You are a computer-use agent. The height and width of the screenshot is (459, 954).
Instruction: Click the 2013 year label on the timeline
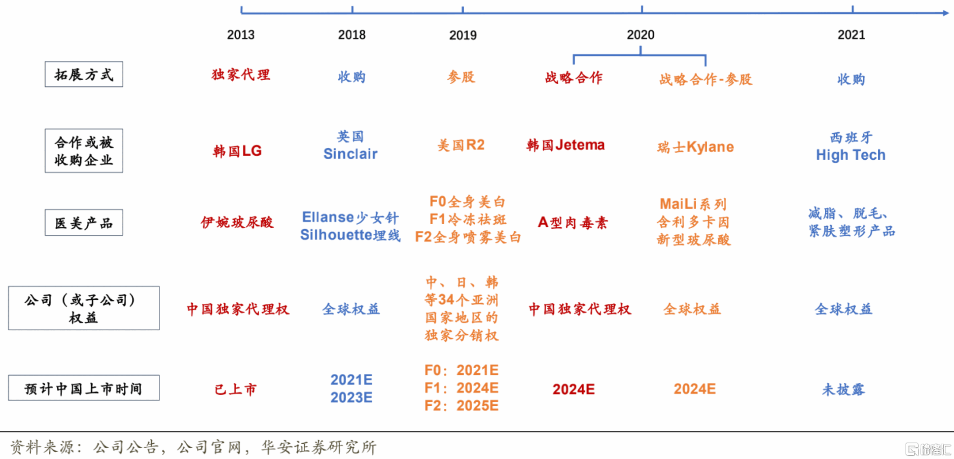tap(241, 35)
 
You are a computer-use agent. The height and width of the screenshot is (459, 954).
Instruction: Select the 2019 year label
tap(463, 35)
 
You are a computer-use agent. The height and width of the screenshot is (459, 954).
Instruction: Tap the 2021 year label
tap(851, 35)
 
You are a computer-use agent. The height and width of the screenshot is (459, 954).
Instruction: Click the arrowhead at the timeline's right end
tap(946, 13)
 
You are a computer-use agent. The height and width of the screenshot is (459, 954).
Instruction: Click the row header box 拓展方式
tap(84, 74)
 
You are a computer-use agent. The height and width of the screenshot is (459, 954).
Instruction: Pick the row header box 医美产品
tap(84, 222)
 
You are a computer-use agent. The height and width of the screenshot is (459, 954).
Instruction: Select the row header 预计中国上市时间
tap(84, 388)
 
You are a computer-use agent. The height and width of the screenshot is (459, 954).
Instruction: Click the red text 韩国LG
tap(237, 151)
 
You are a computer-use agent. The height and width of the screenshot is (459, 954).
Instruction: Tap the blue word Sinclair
tap(350, 154)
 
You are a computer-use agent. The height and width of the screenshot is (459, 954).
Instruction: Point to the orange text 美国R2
tap(461, 145)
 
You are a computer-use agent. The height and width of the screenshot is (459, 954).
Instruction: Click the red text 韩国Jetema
tap(565, 145)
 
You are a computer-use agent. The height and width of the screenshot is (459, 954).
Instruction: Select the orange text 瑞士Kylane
tap(695, 147)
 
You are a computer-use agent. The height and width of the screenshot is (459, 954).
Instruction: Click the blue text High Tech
tap(851, 155)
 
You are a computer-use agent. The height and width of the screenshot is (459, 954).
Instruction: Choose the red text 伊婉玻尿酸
tap(237, 222)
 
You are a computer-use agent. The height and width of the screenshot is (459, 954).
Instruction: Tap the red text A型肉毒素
tap(573, 223)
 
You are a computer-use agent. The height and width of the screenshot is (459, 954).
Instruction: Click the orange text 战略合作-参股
tap(706, 79)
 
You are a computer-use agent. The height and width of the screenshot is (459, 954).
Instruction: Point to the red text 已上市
tap(236, 389)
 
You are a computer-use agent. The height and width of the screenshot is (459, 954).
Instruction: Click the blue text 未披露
tap(844, 389)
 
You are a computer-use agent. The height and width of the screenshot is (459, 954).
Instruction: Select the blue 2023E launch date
tap(351, 398)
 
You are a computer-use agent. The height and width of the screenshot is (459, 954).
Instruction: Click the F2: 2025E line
tap(461, 406)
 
